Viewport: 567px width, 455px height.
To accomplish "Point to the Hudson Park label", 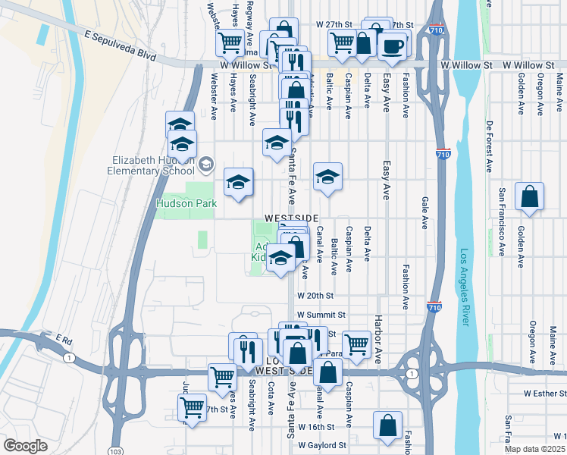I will [186, 203].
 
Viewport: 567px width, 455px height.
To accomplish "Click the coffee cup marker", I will [392, 45].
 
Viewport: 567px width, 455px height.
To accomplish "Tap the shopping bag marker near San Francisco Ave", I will [529, 197].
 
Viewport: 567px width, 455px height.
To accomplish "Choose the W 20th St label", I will [315, 295].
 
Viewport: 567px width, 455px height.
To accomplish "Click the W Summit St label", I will [321, 314].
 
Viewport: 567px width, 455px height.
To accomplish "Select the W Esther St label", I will [545, 394].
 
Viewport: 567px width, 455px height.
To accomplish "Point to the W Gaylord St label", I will [322, 445].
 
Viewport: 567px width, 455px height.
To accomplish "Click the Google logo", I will [25, 446].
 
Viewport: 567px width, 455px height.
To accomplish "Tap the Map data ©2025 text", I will [537, 449].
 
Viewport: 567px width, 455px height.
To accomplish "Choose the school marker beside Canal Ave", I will [328, 177].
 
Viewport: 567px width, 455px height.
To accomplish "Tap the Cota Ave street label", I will [271, 397].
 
